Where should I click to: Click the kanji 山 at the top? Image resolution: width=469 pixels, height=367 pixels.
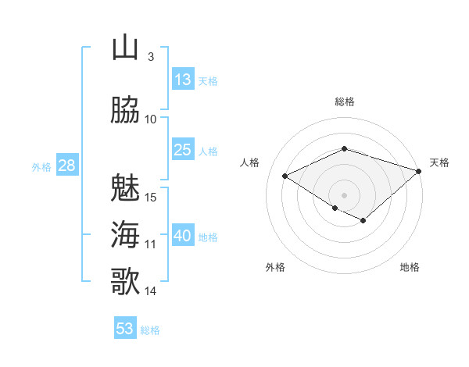125,48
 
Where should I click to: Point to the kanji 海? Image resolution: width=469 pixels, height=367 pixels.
125,234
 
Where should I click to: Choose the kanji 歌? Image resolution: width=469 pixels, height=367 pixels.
125,281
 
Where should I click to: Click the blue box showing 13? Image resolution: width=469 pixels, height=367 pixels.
183,80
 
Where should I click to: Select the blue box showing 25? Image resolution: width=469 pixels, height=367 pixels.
183,150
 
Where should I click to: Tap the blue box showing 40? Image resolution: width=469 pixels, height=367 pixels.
183,236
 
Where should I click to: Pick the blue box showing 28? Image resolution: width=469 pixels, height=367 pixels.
66,166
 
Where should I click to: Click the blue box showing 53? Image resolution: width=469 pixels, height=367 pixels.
125,329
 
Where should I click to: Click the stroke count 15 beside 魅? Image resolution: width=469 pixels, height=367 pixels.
152,196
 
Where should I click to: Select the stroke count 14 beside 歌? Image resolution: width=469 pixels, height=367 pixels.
151,290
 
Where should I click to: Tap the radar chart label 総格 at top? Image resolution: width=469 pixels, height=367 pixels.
344,102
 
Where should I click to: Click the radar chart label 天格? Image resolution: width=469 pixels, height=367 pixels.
439,162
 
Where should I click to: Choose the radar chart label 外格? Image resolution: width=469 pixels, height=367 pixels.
275,268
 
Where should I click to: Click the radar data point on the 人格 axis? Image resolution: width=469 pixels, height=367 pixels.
285,176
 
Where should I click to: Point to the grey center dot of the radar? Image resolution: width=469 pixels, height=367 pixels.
344,194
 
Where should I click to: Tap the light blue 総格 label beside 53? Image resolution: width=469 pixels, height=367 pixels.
150,330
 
